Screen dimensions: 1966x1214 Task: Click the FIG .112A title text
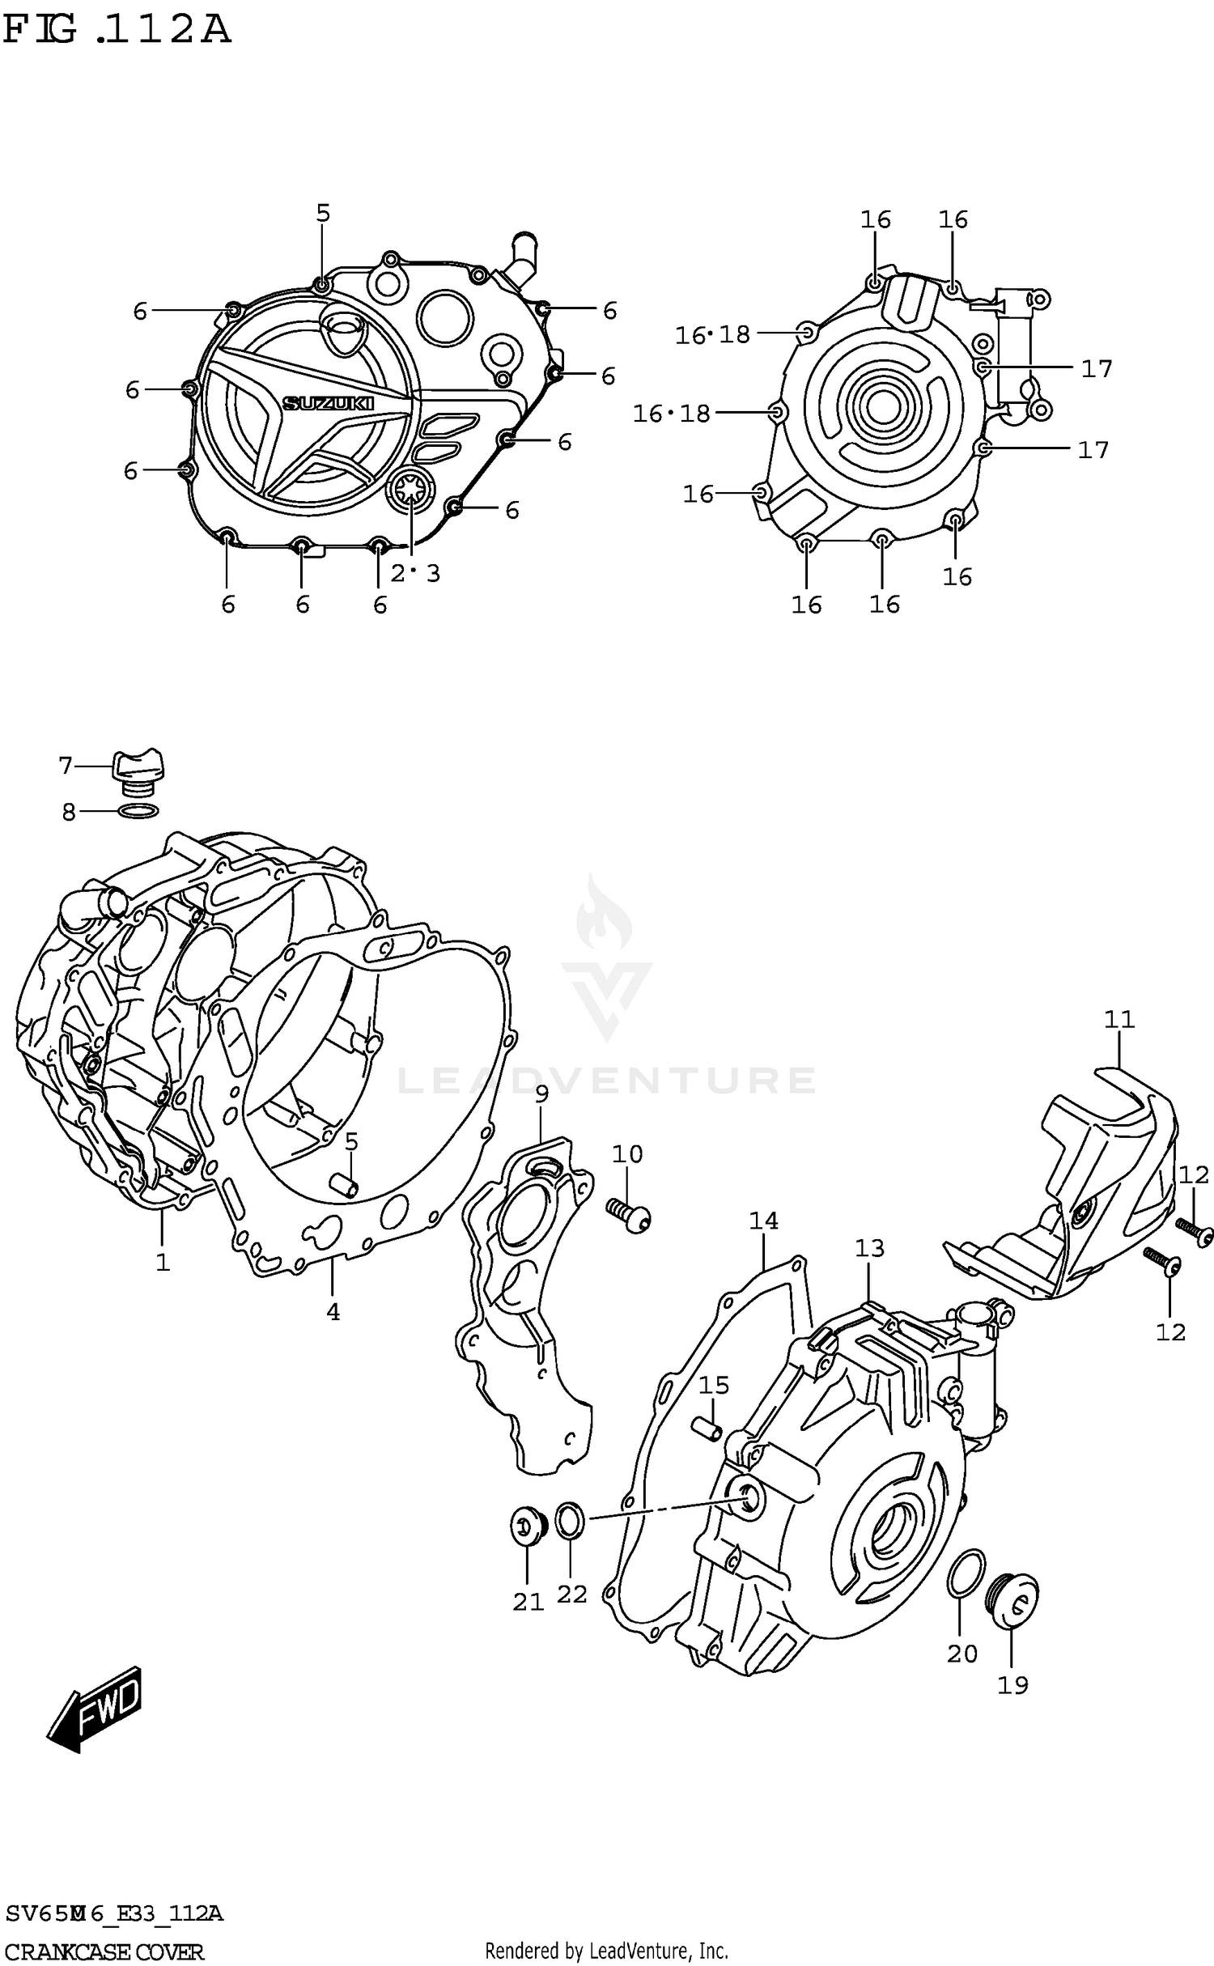(116, 31)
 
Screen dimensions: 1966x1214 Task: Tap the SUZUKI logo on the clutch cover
(339, 402)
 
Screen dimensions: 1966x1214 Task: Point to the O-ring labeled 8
(138, 811)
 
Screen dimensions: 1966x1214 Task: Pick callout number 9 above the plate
(541, 1093)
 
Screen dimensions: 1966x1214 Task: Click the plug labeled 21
(527, 1525)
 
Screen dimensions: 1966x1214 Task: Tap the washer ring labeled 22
(570, 1519)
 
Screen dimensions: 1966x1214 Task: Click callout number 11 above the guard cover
(1119, 1019)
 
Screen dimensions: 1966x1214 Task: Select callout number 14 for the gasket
(763, 1221)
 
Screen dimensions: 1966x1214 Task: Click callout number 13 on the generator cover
(870, 1248)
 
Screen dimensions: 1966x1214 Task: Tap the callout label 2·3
(415, 574)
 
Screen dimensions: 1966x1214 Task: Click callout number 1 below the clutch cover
(163, 1262)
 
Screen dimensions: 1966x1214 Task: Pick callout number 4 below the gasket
(333, 1312)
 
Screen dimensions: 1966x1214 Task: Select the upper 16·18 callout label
(713, 334)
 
